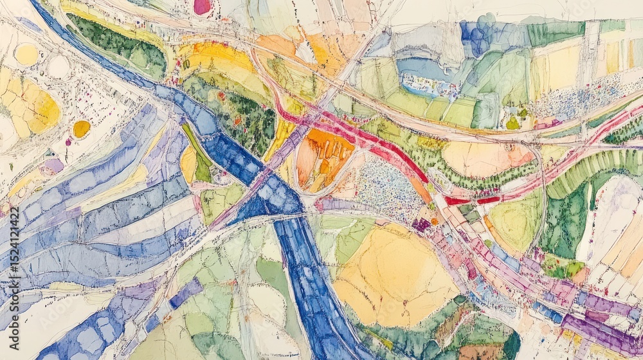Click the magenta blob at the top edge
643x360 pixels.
pyautogui.click(x=203, y=6)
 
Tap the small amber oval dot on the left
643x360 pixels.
pyautogui.click(x=81, y=129)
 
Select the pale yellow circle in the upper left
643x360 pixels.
pyautogui.click(x=26, y=55)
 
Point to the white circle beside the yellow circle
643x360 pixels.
pyautogui.click(x=59, y=67)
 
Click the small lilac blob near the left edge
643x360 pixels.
pyautogui.click(x=53, y=166)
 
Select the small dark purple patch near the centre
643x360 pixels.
pyautogui.click(x=422, y=224)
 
